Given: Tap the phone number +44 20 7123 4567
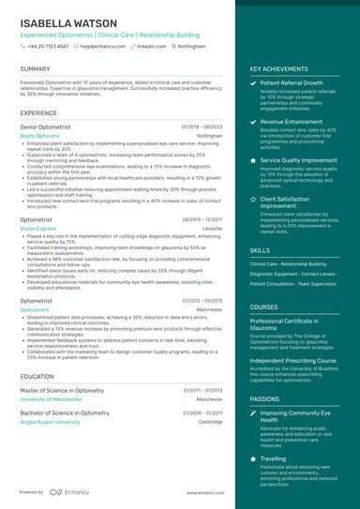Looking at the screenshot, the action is [48, 45].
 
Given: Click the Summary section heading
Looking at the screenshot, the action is [35, 69].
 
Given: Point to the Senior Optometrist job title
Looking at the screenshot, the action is [45, 126].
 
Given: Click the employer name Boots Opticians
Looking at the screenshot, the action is [39, 135].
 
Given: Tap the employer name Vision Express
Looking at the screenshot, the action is [38, 228].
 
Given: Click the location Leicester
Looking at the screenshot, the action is [212, 228].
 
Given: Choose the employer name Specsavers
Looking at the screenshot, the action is [35, 308].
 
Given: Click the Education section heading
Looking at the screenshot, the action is [37, 375].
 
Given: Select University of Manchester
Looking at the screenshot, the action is [51, 399].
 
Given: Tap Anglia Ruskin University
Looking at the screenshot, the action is [50, 422].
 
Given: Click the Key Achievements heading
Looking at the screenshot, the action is [278, 69].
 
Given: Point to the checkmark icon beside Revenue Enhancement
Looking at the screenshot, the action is [253, 122].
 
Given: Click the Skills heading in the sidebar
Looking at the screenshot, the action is [260, 251].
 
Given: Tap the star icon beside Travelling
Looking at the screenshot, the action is [253, 459].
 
